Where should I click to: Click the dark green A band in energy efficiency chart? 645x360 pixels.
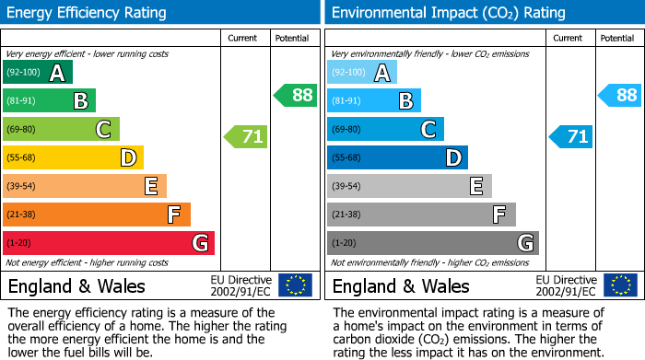coord(38,73)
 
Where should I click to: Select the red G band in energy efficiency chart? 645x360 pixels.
coord(109,243)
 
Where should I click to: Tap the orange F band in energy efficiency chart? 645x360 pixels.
coord(97,215)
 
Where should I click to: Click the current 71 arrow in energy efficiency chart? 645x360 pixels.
coord(246,137)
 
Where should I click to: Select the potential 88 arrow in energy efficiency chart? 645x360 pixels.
coord(295,95)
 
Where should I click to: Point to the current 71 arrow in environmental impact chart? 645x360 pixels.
coord(571,137)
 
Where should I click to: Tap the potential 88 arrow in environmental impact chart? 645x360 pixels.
coord(619,95)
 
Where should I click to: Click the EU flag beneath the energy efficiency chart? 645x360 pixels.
coord(295,285)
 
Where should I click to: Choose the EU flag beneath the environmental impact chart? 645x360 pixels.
coord(620,285)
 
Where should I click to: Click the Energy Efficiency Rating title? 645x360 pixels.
coord(88,13)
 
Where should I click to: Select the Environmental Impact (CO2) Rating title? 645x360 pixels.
coord(448,13)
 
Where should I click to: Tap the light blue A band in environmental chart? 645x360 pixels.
coord(362,73)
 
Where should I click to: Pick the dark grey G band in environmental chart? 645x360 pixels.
coord(433,243)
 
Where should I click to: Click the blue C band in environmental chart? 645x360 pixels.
coord(385,130)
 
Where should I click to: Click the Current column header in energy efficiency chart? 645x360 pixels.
coord(244,38)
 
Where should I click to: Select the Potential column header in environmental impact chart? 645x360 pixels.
coord(617,38)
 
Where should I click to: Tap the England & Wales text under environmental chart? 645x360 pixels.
coord(401,285)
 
